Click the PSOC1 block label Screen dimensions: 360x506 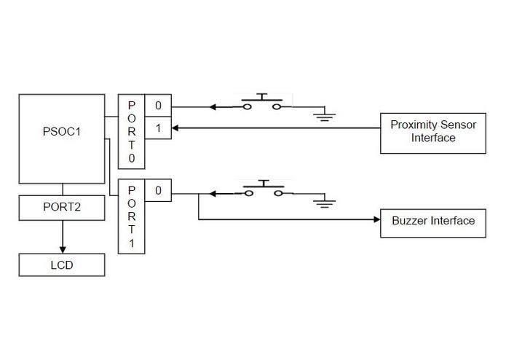[62, 133]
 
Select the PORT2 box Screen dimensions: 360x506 [62, 207]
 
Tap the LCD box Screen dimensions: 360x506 [62, 265]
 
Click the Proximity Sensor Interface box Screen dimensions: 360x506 [433, 132]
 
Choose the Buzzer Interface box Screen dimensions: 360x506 [433, 221]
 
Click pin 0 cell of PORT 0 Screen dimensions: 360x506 [158, 106]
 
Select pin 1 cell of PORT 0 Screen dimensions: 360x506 [158, 128]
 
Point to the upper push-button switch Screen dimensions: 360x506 [261, 103]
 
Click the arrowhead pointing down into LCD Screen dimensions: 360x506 [62, 247]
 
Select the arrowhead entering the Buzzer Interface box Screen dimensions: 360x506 [376, 218]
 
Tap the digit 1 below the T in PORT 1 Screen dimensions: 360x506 [132, 243]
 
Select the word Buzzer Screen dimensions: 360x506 [408, 221]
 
